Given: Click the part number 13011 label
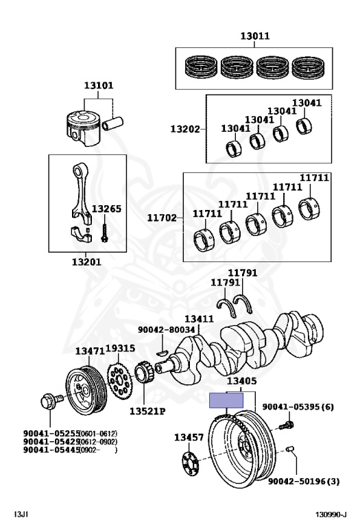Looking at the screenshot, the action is coord(255,36).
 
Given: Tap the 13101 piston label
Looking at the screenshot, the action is coord(99,85).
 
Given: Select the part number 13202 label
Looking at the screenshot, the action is coord(185,129).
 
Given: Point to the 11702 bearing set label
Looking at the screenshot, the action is coord(162,218).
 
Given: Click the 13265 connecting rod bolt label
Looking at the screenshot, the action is coord(106,209).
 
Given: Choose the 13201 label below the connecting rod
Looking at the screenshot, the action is coord(86,262).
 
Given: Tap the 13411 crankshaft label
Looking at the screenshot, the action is coord(199,318).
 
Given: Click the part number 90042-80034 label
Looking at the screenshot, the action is coord(166,330).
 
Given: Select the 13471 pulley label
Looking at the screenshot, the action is coord(90,351).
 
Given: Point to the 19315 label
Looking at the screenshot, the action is coord(121,349).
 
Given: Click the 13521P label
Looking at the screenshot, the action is coord(147,412).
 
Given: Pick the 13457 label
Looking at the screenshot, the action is coord(189,437).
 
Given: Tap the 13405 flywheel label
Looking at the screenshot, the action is coord(242,381).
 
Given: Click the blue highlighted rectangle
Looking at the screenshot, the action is coord(226,400).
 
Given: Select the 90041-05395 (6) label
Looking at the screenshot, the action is coord(298,407).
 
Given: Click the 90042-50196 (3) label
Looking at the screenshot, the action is coord(304,482).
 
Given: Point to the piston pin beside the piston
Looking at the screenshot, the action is coord(113,124).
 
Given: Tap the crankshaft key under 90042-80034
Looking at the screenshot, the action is coord(162,353).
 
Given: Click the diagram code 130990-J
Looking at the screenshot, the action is coord(331,515).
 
